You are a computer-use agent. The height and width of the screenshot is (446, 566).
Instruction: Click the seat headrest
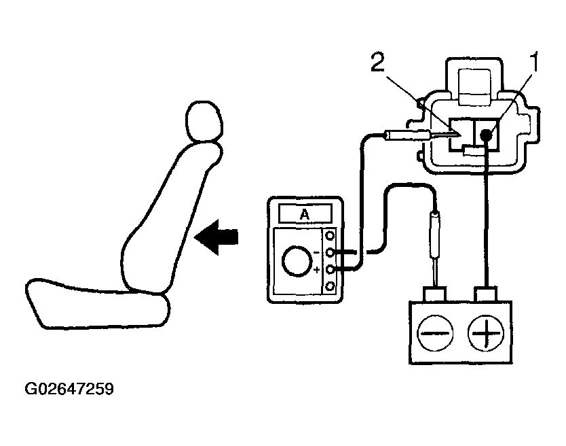pyautogui.click(x=204, y=121)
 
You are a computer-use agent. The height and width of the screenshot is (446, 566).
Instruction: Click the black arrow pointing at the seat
pyautogui.click(x=216, y=237)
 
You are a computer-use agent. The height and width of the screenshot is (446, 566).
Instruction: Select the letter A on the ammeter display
pyautogui.click(x=305, y=215)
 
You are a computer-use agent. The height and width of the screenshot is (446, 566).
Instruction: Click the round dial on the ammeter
pyautogui.click(x=297, y=262)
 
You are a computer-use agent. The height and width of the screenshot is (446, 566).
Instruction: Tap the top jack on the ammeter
pyautogui.click(x=330, y=236)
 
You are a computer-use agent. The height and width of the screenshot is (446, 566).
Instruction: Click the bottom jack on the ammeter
pyautogui.click(x=330, y=287)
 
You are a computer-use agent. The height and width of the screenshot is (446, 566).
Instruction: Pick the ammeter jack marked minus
pyautogui.click(x=330, y=253)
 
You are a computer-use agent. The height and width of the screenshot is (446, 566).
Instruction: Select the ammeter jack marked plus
pyautogui.click(x=330, y=270)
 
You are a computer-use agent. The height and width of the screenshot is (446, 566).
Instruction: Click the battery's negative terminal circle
pyautogui.click(x=435, y=332)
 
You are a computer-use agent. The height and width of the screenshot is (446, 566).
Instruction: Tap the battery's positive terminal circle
pyautogui.click(x=486, y=332)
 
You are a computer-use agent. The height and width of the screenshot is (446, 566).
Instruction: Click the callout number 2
pyautogui.click(x=378, y=62)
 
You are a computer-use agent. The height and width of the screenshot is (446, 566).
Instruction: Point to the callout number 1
pyautogui.click(x=534, y=62)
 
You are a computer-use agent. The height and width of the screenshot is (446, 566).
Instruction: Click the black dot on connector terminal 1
pyautogui.click(x=486, y=135)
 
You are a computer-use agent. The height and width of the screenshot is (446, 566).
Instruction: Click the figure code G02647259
pyautogui.click(x=69, y=389)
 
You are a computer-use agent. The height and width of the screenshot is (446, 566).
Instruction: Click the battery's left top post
pyautogui.click(x=435, y=294)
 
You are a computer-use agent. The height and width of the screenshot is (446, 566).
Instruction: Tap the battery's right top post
pyautogui.click(x=486, y=294)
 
